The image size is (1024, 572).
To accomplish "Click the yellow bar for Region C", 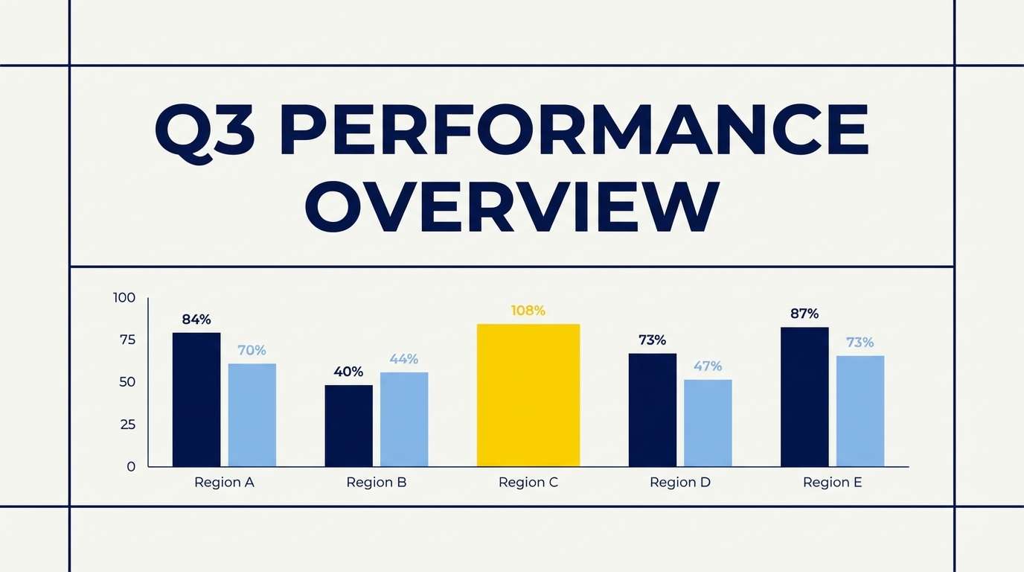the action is (528, 395).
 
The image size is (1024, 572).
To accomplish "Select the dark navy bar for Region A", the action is (196, 399).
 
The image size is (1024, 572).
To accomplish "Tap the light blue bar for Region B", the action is (404, 419).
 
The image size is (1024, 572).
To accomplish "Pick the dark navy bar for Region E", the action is (804, 397).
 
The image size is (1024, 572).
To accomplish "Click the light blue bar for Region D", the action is (708, 423).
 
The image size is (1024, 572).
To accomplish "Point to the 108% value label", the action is (528, 311).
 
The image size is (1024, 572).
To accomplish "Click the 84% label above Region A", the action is (196, 320).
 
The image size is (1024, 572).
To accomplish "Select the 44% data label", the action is (403, 359).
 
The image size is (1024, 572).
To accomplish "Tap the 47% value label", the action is (708, 366).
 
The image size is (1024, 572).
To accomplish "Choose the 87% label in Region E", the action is (804, 314).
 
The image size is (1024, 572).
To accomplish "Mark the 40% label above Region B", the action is (348, 372).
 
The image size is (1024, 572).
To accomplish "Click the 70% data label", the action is (252, 350).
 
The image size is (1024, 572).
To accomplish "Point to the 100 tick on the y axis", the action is (124, 297).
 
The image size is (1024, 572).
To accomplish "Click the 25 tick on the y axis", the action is (128, 425).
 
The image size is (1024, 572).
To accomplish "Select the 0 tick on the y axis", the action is (131, 467).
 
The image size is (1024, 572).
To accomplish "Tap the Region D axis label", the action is (680, 483).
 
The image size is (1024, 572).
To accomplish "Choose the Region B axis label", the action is (377, 483).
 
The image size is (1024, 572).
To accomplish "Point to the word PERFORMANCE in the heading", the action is (575, 130).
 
